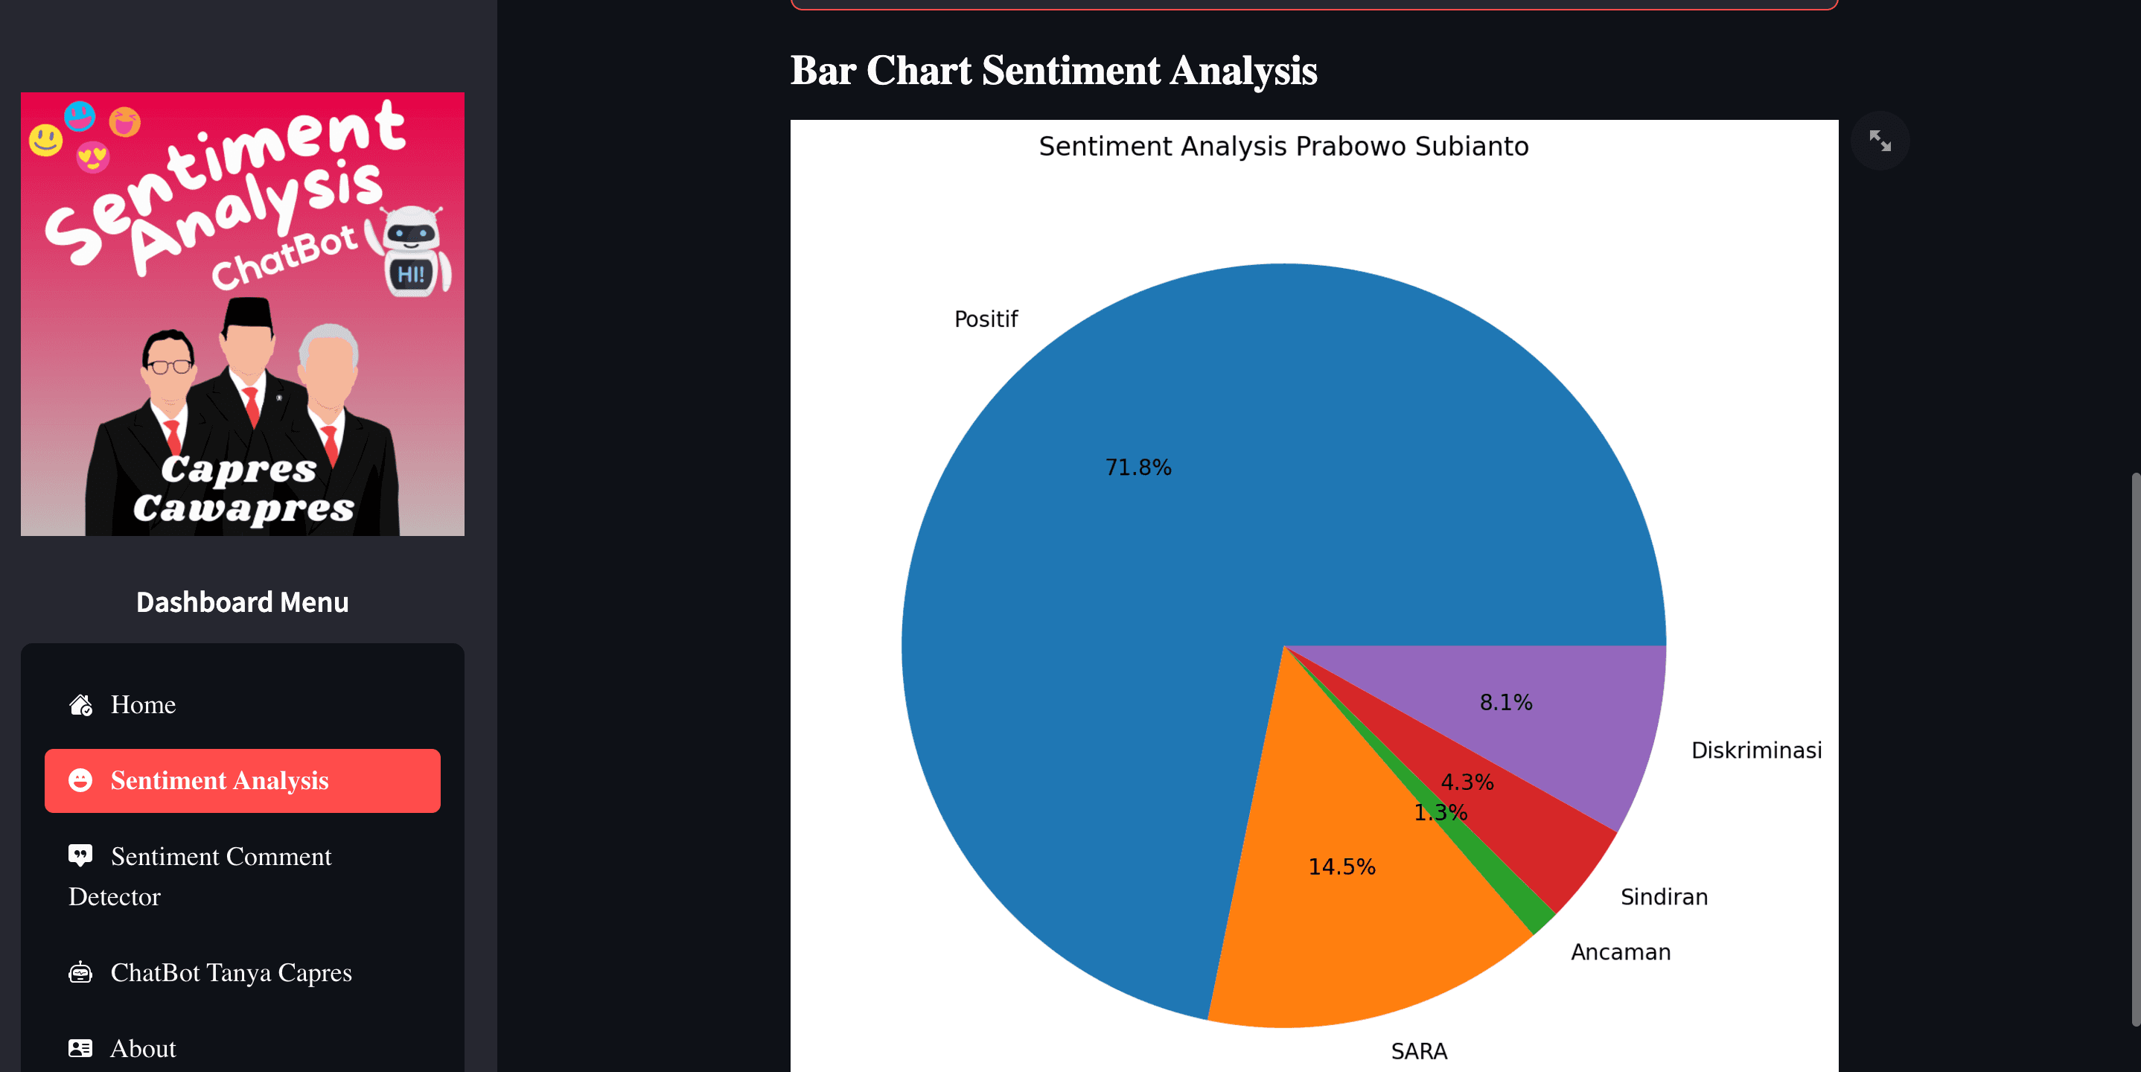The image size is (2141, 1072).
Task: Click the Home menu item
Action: pyautogui.click(x=143, y=705)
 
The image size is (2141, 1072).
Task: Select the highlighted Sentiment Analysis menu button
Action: pyautogui.click(x=242, y=780)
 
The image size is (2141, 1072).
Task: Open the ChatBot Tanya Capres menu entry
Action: pyautogui.click(x=230, y=972)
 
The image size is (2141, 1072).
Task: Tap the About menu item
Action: pyautogui.click(x=143, y=1049)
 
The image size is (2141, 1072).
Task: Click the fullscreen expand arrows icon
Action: pyautogui.click(x=1879, y=141)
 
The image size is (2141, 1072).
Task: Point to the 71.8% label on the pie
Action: pyautogui.click(x=1137, y=468)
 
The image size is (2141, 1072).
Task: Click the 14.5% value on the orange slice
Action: pyautogui.click(x=1341, y=867)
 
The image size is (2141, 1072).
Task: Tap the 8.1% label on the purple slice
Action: pyautogui.click(x=1505, y=703)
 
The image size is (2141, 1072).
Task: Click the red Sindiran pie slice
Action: pyautogui.click(x=1563, y=848)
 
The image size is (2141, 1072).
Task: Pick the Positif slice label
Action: pyautogui.click(x=986, y=319)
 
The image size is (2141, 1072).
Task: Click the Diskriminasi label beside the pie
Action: pyautogui.click(x=1756, y=750)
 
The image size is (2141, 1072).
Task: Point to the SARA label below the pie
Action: pyautogui.click(x=1419, y=1051)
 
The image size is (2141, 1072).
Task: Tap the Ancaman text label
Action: pyautogui.click(x=1620, y=952)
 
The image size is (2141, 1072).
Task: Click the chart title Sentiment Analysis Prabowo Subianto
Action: pyautogui.click(x=1283, y=146)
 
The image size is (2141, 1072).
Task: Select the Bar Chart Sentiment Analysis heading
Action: pyautogui.click(x=1053, y=71)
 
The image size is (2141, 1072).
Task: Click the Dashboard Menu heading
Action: pyautogui.click(x=242, y=602)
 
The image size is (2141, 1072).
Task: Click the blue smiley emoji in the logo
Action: pyautogui.click(x=80, y=116)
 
